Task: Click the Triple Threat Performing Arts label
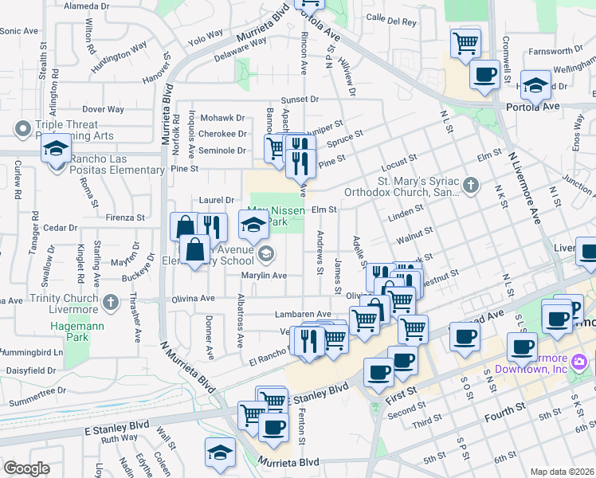point(67,131)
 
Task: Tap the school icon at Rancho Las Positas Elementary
point(56,149)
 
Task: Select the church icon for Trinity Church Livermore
point(111,304)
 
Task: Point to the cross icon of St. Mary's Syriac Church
point(471,186)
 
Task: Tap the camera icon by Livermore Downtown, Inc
point(578,362)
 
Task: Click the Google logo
point(26,468)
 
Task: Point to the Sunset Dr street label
point(299,100)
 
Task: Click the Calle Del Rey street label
point(391,22)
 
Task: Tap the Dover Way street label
point(103,108)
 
